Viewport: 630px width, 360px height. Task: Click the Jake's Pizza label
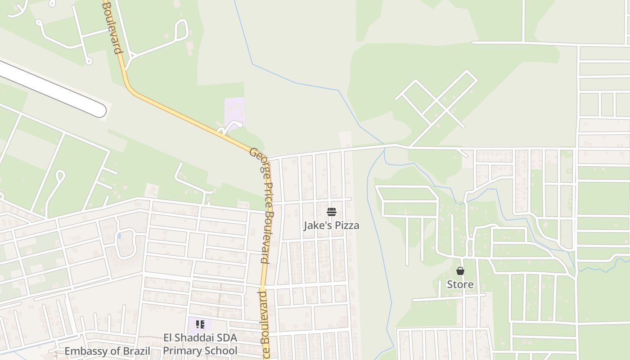[x=331, y=225]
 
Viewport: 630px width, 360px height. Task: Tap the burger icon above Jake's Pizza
[x=332, y=211]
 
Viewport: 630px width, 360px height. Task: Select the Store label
[x=460, y=284]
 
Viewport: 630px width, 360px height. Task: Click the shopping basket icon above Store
[x=460, y=271]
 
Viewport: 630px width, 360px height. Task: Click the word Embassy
[x=84, y=351]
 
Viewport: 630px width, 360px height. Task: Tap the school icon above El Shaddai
[x=200, y=324]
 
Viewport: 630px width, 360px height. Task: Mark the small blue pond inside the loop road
[x=119, y=236]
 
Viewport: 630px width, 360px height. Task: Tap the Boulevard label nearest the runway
[x=112, y=27]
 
